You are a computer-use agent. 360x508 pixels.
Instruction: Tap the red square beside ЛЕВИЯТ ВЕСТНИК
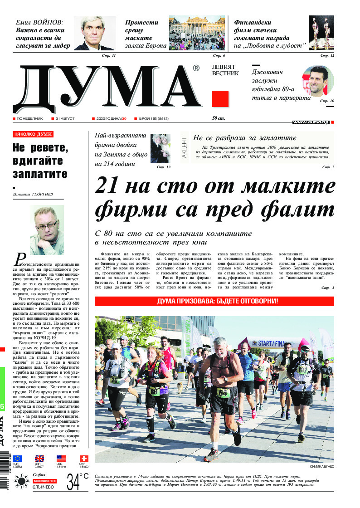(220, 98)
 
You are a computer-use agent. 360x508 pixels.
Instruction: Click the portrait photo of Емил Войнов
(94, 33)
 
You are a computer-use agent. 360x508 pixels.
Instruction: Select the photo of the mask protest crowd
(197, 33)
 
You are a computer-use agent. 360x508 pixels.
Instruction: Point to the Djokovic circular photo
(317, 80)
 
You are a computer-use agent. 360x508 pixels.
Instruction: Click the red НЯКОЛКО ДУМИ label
(33, 134)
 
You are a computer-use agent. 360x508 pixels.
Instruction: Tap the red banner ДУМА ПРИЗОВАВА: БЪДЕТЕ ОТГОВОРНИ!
(214, 301)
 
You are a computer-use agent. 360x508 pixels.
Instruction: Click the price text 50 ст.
(218, 118)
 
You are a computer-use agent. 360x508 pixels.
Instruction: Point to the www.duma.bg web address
(311, 122)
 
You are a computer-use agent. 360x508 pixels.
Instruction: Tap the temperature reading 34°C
(78, 482)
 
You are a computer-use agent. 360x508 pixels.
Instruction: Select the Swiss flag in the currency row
(83, 459)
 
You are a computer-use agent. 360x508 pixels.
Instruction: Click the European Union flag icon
(17, 459)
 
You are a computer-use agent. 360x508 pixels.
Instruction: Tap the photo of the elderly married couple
(160, 148)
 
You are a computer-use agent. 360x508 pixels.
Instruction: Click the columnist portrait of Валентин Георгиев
(47, 230)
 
